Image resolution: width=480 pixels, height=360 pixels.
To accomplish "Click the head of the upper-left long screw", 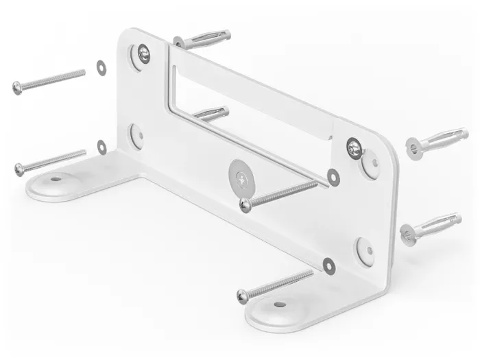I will click(17, 87).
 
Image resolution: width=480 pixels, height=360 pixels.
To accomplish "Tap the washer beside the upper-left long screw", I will click(101, 66).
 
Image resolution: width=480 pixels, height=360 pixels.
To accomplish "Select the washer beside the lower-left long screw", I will click(102, 146).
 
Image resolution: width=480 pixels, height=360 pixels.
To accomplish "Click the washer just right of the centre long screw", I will click(333, 176).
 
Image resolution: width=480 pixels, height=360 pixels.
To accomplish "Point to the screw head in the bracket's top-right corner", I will click(354, 145).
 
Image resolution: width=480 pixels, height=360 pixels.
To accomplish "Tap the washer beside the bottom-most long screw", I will click(328, 265).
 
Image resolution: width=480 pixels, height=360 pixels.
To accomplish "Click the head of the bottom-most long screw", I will click(243, 296).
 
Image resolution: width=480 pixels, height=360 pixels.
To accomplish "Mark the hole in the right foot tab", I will click(279, 304).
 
